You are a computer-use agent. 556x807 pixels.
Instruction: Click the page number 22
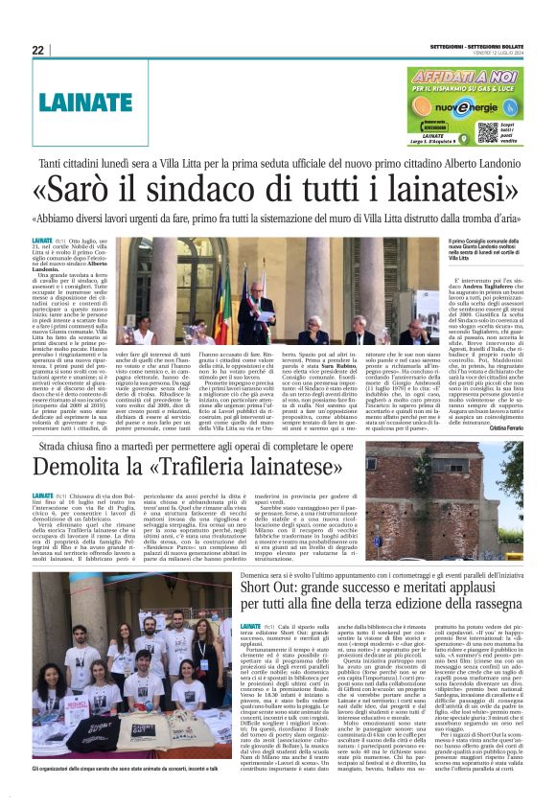pos(37,50)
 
